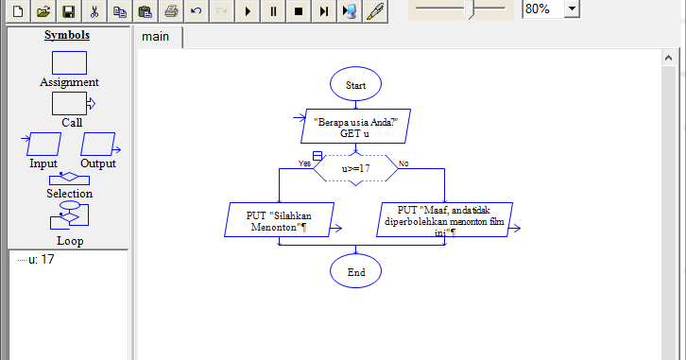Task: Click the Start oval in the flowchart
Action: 355,84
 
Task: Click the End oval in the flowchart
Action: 355,272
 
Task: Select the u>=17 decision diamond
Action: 355,168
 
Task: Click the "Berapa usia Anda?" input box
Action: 355,128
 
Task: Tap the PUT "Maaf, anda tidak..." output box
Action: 445,220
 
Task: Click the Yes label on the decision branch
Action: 304,163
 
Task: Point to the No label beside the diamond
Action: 403,163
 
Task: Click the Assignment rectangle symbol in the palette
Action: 68,62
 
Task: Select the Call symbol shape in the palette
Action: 70,103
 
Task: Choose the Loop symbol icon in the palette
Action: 68,218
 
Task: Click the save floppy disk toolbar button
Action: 68,11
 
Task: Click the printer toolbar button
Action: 171,11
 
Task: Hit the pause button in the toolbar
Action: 273,11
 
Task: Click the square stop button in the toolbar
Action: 299,11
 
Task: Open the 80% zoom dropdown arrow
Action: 573,9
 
